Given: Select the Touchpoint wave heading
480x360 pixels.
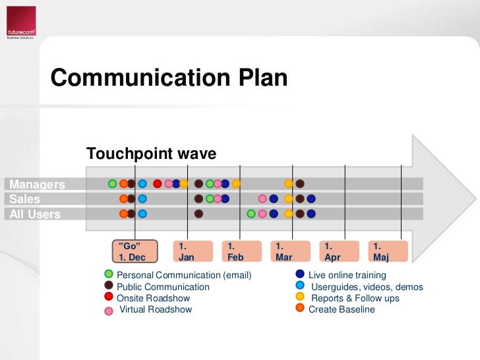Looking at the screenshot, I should [x=151, y=154].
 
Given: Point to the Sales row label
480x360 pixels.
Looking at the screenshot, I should [x=24, y=199].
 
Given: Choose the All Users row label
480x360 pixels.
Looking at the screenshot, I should [x=34, y=214].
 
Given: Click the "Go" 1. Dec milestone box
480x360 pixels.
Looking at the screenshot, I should [x=135, y=251].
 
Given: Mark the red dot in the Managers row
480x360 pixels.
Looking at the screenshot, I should [x=158, y=184].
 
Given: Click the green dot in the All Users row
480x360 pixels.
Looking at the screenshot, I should [x=251, y=214].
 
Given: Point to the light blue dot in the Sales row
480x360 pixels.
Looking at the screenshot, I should [x=142, y=198].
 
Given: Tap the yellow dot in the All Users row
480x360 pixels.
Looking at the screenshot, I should [x=289, y=214].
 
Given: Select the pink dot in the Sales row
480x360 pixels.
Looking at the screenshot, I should [x=262, y=198].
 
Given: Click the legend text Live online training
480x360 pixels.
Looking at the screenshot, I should [x=347, y=275].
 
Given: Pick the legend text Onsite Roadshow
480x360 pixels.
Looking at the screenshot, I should [x=153, y=298].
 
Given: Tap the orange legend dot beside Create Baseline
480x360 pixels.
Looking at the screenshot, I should [x=300, y=307].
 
